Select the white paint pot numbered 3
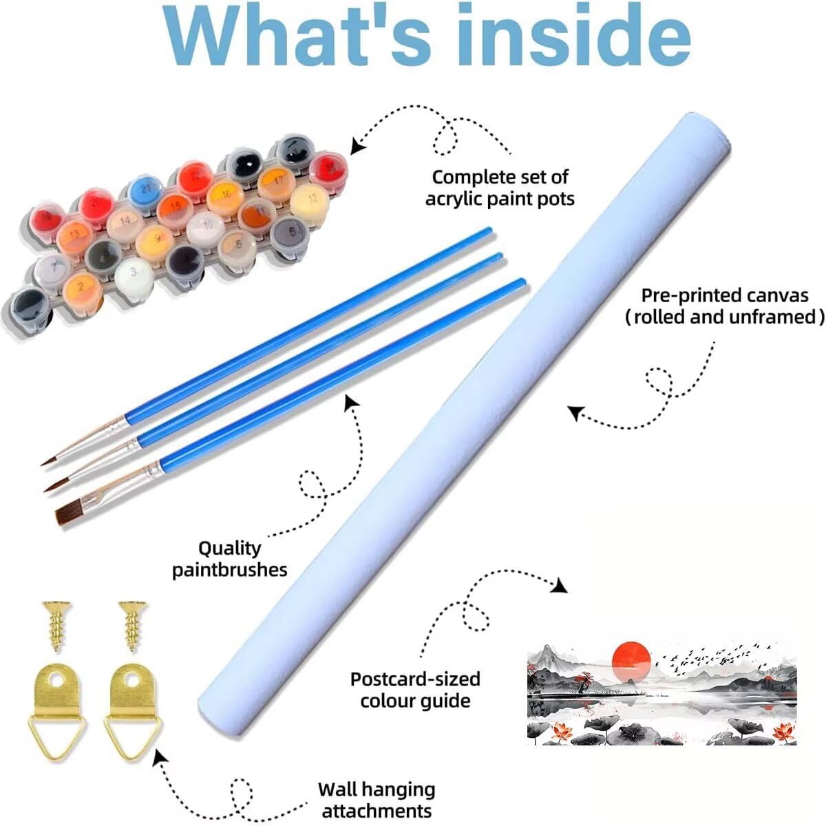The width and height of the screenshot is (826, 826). point(134,273)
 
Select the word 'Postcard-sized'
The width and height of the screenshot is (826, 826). point(415,679)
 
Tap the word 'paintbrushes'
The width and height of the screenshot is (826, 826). point(230,569)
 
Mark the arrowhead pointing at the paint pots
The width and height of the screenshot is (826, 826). point(357,145)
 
